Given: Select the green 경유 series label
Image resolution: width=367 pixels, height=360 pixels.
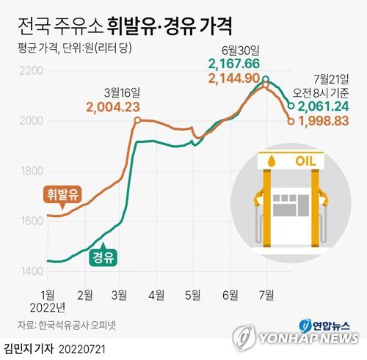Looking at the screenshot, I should point(103,257).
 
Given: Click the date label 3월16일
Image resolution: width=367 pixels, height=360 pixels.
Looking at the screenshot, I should point(122,93).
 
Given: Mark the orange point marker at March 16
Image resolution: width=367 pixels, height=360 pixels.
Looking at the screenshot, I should point(137,120).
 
